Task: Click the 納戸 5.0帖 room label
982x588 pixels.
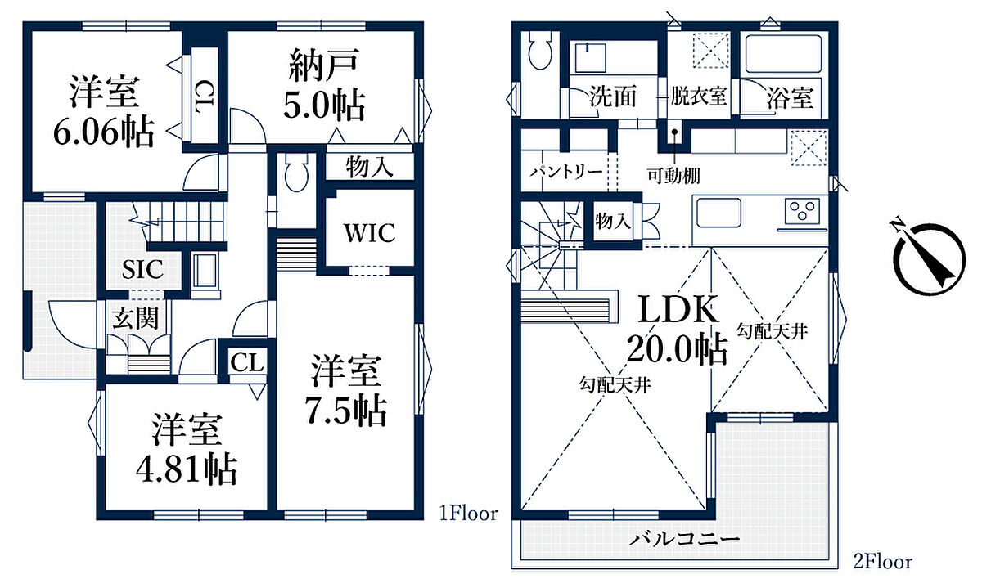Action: point(324,85)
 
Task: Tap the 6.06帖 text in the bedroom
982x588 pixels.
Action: point(104,132)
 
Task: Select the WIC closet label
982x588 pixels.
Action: point(370,232)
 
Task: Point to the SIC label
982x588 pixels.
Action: point(142,269)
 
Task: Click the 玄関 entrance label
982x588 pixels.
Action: point(136,318)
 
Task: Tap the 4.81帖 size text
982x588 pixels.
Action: point(187,469)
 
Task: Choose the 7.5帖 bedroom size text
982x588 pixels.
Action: point(346,411)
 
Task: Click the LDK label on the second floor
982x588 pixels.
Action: point(678,309)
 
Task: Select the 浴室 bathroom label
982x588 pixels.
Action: point(790,97)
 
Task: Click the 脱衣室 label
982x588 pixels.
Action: point(698,96)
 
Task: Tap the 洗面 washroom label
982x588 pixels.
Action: point(612,96)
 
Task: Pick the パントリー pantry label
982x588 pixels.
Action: point(565,171)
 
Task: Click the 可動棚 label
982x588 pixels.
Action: point(673,176)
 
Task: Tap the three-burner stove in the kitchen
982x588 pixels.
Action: point(803,210)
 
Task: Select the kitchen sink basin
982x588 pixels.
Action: point(719,213)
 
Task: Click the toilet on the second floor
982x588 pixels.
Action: point(540,51)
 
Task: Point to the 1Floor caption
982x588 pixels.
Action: point(469,514)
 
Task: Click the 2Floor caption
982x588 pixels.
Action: point(882,562)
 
